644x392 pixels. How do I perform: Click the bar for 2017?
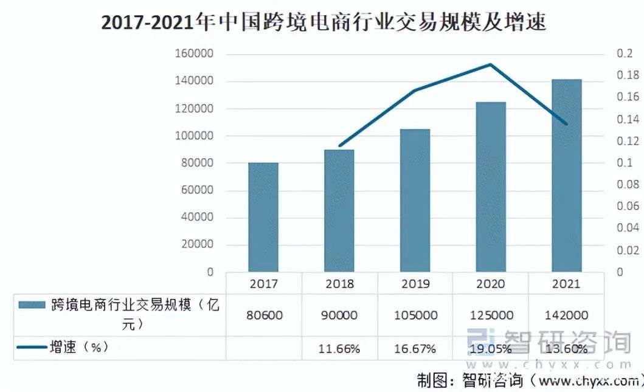(263, 217)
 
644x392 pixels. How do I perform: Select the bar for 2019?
(415, 201)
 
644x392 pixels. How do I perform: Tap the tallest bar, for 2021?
(566, 176)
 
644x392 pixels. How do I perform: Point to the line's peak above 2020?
(490, 64)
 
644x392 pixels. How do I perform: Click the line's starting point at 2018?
(339, 146)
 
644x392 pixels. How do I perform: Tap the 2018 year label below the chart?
(339, 284)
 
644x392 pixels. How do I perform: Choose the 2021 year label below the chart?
(566, 284)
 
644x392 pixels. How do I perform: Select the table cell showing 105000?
(415, 315)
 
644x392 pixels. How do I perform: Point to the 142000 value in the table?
(566, 315)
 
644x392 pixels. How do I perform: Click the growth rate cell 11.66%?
(339, 349)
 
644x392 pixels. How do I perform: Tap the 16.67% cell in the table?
(415, 349)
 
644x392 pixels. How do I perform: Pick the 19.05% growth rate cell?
(490, 349)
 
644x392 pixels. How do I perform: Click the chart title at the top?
(323, 22)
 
